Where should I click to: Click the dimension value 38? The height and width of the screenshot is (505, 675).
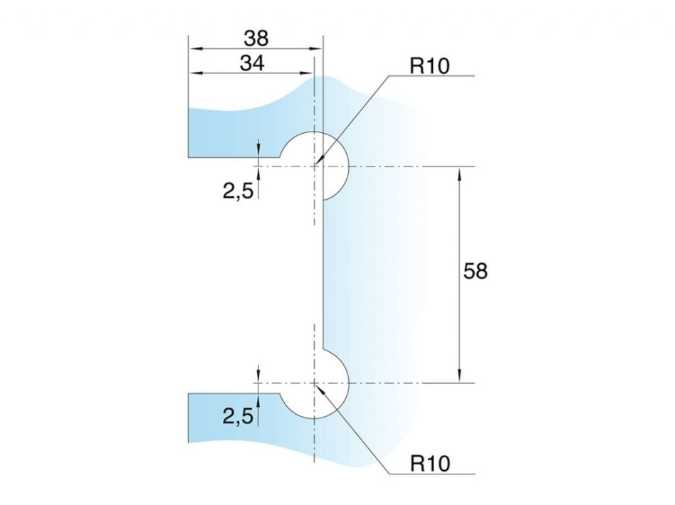(256, 38)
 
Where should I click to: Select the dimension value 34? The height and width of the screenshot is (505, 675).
(252, 63)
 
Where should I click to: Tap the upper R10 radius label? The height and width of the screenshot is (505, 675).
(429, 66)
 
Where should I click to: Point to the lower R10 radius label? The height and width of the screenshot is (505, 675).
(430, 464)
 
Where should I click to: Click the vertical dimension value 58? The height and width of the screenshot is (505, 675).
(475, 272)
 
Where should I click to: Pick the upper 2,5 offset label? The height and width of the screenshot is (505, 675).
(238, 191)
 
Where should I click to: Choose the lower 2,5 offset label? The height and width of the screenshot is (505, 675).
(238, 416)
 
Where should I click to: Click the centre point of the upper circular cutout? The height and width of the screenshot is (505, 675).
(315, 166)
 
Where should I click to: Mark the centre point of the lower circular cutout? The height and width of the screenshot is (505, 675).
(315, 383)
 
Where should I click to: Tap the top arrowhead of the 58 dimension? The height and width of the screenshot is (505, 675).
(460, 173)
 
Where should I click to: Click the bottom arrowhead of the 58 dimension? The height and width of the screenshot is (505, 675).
(460, 376)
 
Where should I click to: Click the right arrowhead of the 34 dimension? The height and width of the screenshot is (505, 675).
(308, 73)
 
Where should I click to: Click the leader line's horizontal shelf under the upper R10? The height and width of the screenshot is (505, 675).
(431, 76)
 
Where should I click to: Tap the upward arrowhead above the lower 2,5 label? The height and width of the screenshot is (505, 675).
(258, 401)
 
